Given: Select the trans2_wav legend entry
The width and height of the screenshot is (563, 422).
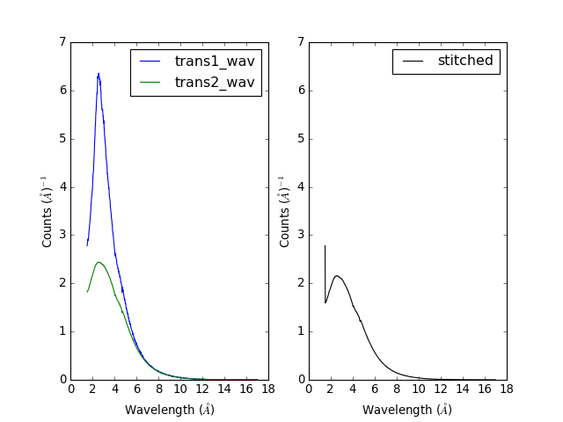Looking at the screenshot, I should [x=215, y=83].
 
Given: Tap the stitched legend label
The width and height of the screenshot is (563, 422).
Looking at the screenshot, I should [x=465, y=62].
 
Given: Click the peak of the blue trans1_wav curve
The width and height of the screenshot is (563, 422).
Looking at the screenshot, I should [x=99, y=74].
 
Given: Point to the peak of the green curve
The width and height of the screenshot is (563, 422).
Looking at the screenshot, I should [x=99, y=262].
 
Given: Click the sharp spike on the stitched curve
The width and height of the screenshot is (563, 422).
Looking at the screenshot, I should [x=325, y=246].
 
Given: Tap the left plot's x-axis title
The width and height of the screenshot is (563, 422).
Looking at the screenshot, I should [x=170, y=410].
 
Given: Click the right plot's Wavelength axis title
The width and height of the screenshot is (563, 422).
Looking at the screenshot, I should [x=407, y=410].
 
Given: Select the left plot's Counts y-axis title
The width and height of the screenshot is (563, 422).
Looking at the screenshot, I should [x=48, y=211].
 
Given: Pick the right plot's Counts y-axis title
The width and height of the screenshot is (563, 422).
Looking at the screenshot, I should [x=286, y=211].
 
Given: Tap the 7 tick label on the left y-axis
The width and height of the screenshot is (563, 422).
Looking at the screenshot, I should [x=61, y=42].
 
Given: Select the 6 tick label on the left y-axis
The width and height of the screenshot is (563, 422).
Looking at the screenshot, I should [x=61, y=91].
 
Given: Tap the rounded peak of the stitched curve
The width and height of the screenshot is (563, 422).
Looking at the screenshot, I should [x=336, y=275].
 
